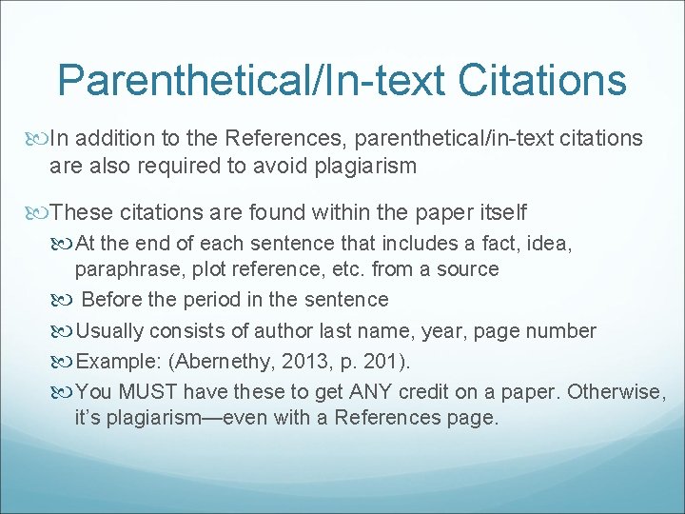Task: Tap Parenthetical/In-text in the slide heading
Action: point(251,81)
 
